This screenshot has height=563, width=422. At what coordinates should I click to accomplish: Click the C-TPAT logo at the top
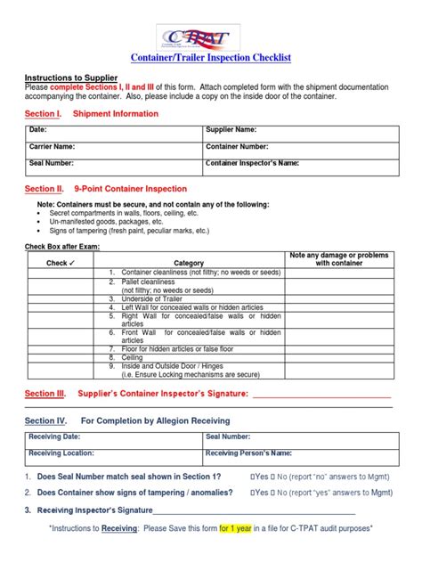pos(210,37)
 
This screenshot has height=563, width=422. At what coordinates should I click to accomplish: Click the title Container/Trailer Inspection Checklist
pos(211,58)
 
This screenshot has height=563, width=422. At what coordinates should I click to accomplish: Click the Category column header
pos(189,264)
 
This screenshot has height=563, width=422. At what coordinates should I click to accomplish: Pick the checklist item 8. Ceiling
pos(133,356)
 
